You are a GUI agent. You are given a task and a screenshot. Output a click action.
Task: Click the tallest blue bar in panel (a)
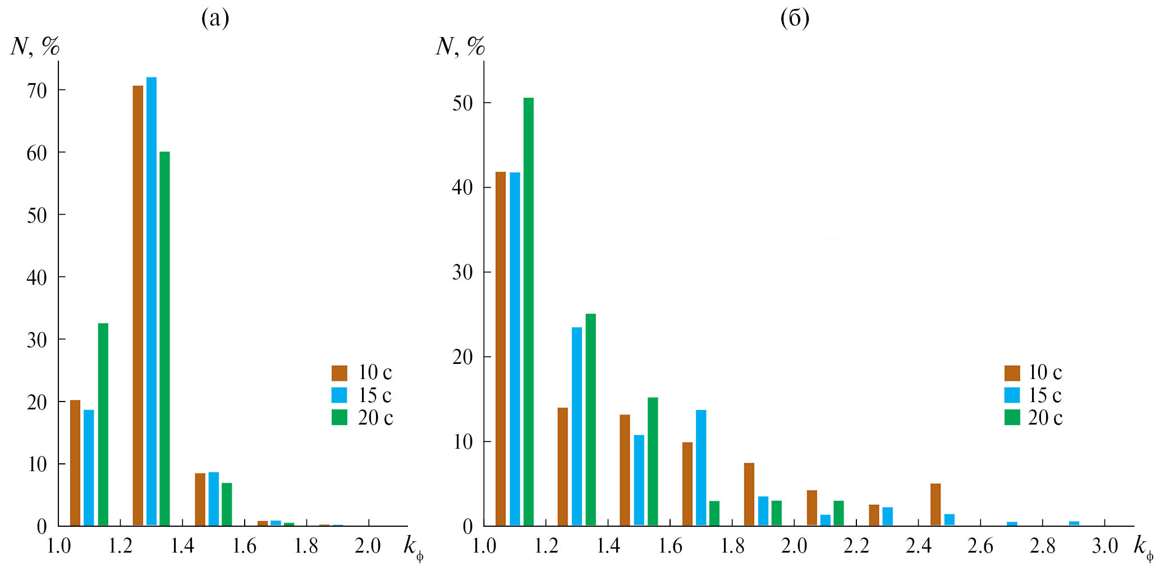(x=152, y=301)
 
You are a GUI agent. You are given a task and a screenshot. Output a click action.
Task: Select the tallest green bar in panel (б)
(x=529, y=312)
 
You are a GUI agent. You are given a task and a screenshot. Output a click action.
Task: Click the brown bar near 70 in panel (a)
(x=138, y=305)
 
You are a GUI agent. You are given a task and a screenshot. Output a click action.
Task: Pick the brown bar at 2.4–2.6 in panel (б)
(x=936, y=504)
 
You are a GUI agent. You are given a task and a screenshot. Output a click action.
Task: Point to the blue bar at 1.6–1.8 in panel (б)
(x=701, y=468)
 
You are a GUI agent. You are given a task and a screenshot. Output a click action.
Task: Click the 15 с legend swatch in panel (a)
(x=339, y=395)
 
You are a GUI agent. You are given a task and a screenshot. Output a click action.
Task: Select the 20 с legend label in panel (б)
(x=1045, y=418)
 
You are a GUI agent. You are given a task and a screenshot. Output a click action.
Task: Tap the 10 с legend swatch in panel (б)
(x=1012, y=373)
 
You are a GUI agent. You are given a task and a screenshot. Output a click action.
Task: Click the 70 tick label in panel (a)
(x=37, y=90)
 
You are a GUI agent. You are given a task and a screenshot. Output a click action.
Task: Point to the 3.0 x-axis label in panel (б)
(x=1104, y=546)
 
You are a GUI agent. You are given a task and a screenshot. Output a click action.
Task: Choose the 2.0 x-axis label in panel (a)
(x=368, y=546)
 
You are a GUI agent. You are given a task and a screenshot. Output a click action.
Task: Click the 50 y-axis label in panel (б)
(x=462, y=103)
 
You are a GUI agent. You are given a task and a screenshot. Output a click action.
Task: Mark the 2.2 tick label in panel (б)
(x=856, y=546)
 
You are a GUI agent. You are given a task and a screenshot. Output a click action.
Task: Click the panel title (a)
(x=215, y=19)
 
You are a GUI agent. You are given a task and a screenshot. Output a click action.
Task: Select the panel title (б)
(x=795, y=19)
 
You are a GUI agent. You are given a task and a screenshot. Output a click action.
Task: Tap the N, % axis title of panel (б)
(x=460, y=46)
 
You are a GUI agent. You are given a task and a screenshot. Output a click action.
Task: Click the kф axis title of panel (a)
(x=413, y=547)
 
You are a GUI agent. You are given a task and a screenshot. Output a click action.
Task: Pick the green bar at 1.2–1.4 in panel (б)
(x=591, y=419)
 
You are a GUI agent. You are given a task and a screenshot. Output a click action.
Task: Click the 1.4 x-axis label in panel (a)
(x=182, y=546)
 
